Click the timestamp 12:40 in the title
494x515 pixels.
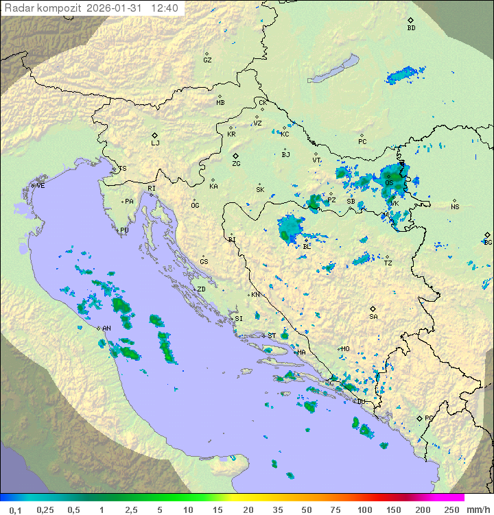click(x=165, y=8)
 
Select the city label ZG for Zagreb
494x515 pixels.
click(x=236, y=164)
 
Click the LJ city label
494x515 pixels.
click(x=155, y=143)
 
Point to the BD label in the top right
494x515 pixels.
click(x=411, y=28)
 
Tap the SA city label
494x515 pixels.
click(x=373, y=317)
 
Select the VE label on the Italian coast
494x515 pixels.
click(x=40, y=186)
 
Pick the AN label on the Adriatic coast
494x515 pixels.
click(x=106, y=328)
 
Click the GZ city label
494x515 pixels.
click(x=207, y=60)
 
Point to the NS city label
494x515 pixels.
click(x=455, y=207)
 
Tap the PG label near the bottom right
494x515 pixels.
click(x=429, y=418)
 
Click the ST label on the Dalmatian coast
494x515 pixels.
click(x=272, y=336)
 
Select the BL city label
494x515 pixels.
click(x=307, y=246)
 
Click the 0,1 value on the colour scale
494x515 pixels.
click(x=15, y=510)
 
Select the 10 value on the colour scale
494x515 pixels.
click(x=187, y=510)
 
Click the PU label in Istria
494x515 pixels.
click(x=124, y=230)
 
